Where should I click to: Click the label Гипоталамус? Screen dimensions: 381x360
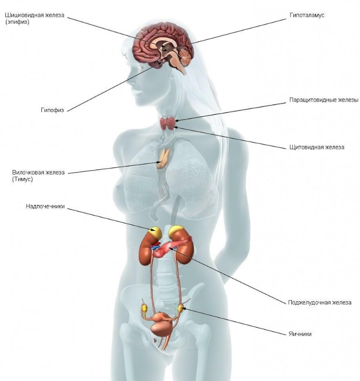coord(307,15)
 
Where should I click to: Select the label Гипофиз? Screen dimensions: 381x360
coord(52,110)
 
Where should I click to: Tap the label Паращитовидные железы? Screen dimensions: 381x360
coord(324,100)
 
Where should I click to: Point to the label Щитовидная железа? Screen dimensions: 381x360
coord(316,147)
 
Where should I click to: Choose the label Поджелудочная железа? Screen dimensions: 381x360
coord(320,302)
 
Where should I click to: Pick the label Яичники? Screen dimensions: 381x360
coord(300,334)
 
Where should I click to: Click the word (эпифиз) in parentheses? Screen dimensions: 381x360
coord(18,22)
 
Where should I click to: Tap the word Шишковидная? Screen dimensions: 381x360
coord(24,15)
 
